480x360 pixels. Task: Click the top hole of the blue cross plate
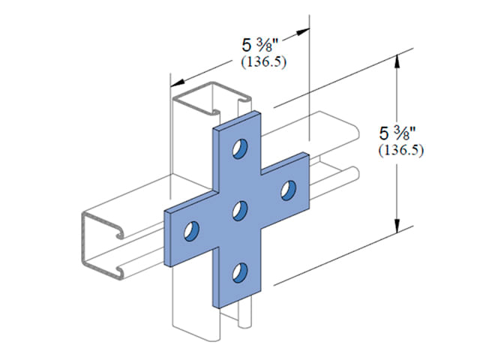[240, 148]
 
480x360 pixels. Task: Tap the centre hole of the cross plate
[240, 211]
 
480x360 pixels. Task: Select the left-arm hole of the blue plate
[191, 230]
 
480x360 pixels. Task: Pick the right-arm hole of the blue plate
[288, 190]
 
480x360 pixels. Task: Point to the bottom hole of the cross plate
[240, 272]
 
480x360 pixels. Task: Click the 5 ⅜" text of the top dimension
[260, 46]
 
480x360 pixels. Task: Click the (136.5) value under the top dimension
[264, 62]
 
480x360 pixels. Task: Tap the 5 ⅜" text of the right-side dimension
[397, 133]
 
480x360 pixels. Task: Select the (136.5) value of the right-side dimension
[401, 150]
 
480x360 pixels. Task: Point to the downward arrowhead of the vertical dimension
[397, 225]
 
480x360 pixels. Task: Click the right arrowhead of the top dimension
[302, 31]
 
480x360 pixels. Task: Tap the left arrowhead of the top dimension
[178, 82]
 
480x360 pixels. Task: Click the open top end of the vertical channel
[211, 98]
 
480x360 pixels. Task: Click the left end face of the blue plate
[167, 238]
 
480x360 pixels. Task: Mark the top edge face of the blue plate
[237, 121]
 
